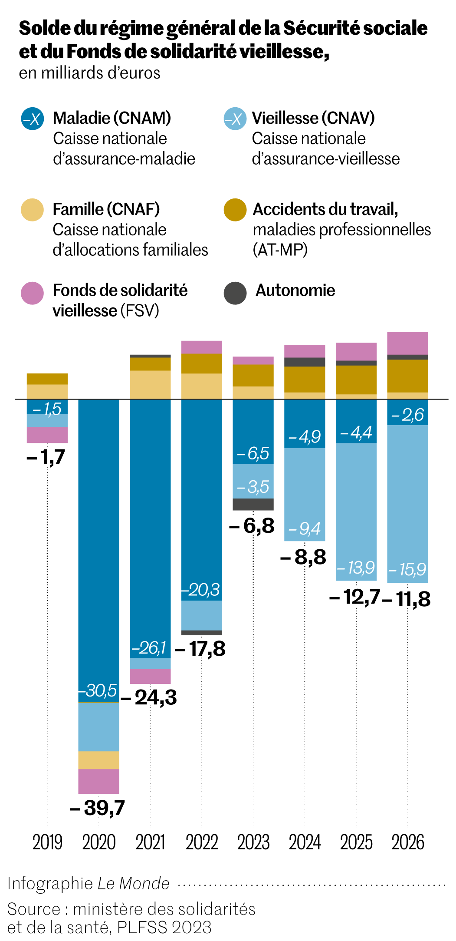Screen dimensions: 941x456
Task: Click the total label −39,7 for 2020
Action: [98, 808]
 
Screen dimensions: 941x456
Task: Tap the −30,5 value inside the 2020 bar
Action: [98, 690]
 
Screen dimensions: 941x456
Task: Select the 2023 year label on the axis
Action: [253, 842]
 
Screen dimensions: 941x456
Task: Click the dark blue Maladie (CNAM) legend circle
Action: [33, 119]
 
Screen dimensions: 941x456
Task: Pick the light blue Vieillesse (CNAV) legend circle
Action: [235, 119]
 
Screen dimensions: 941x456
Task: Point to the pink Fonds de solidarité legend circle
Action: [33, 293]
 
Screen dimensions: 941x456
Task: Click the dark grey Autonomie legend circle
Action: [235, 293]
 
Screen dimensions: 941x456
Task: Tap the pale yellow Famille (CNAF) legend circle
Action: [33, 210]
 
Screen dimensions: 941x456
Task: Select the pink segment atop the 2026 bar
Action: [407, 343]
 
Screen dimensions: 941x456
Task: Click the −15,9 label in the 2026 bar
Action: [407, 569]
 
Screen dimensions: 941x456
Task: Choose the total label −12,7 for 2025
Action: [355, 597]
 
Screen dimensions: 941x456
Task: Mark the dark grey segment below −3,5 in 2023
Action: [253, 504]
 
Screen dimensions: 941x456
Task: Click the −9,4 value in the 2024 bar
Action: [305, 528]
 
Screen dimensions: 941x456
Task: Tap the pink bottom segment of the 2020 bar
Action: [98, 781]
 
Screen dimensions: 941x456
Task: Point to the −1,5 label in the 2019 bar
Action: [47, 409]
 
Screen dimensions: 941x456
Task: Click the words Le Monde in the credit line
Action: [133, 883]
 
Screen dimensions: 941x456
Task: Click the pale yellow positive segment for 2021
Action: [150, 384]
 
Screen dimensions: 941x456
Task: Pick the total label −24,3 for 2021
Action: [149, 697]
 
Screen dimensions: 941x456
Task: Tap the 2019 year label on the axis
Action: [47, 842]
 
